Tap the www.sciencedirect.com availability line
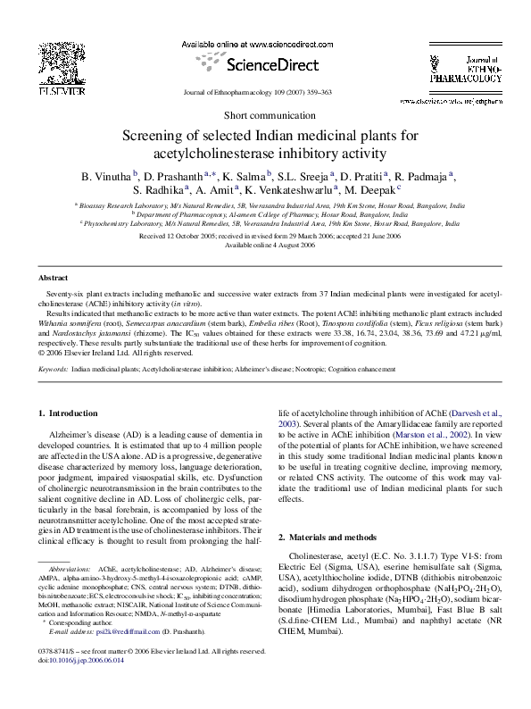click(264, 44)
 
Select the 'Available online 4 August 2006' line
click(264, 245)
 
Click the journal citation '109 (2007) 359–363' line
click(264, 93)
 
